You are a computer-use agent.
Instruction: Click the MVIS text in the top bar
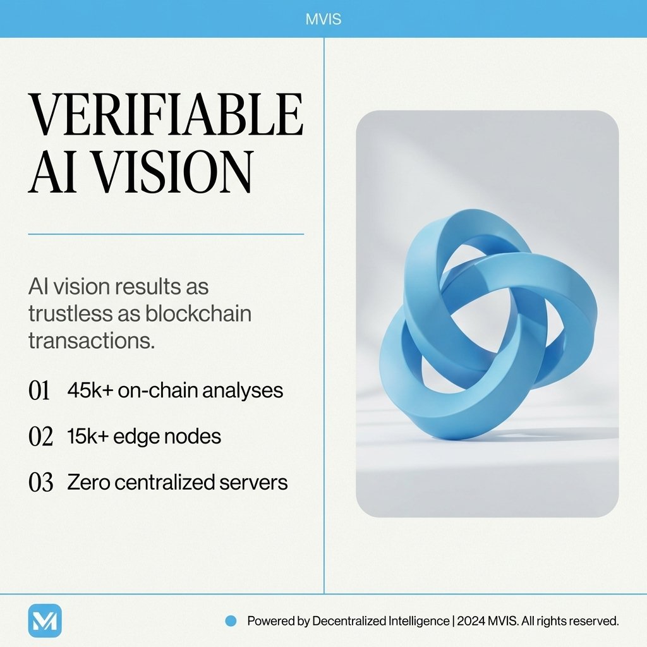pyautogui.click(x=323, y=19)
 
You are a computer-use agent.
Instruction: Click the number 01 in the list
pyautogui.click(x=39, y=391)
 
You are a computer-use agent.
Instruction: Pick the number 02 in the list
pyautogui.click(x=40, y=437)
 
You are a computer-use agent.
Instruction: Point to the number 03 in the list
pyautogui.click(x=41, y=483)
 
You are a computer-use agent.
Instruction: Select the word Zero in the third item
pyautogui.click(x=88, y=482)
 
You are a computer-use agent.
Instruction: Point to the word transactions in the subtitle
pyautogui.click(x=92, y=341)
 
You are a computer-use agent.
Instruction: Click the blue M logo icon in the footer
pyautogui.click(x=45, y=620)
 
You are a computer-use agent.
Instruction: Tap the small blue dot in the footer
pyautogui.click(x=231, y=621)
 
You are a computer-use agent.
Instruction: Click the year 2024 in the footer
pyautogui.click(x=471, y=621)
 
